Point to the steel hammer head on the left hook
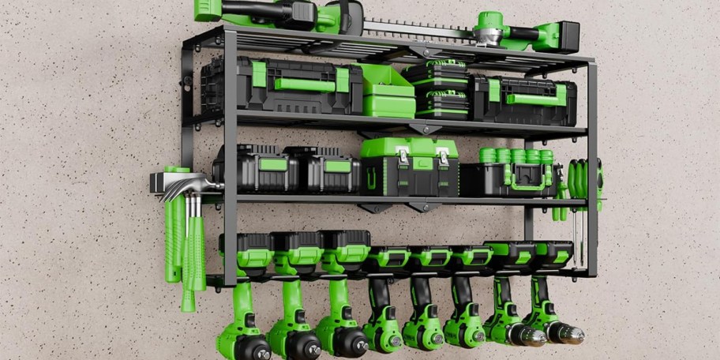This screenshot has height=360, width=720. pyautogui.click(x=186, y=186)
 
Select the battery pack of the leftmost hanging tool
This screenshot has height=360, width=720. pyautogui.click(x=245, y=251)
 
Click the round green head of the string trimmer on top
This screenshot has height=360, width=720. pyautogui.click(x=490, y=24)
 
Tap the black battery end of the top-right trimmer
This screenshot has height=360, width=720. pyautogui.click(x=568, y=36)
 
